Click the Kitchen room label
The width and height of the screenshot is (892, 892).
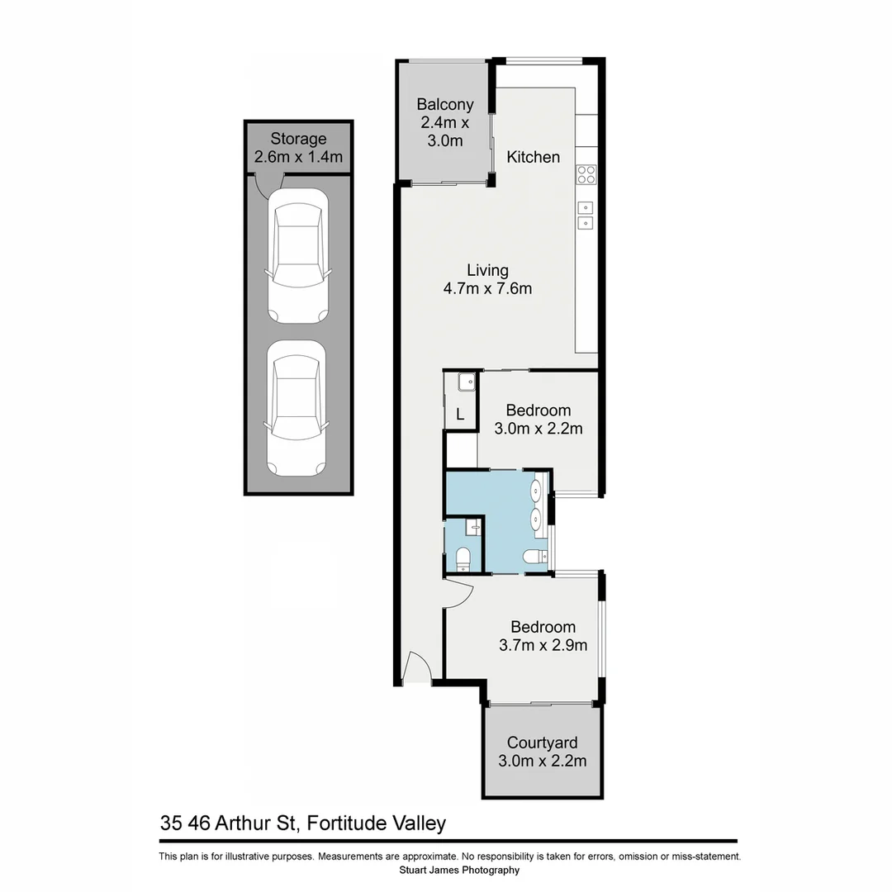[533, 157]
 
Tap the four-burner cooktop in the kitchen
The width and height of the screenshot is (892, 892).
[586, 174]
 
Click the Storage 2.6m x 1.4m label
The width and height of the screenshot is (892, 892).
[298, 148]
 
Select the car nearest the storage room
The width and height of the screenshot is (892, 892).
[297, 255]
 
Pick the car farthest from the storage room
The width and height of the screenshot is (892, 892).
[297, 410]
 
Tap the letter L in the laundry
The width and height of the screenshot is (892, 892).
[461, 415]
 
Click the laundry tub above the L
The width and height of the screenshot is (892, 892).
[464, 382]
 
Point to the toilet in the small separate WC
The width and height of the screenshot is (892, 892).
[463, 559]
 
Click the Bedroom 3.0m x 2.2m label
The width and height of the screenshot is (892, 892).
[539, 419]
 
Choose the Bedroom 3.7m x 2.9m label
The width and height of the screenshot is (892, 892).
[542, 636]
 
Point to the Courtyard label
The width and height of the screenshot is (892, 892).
[542, 752]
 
